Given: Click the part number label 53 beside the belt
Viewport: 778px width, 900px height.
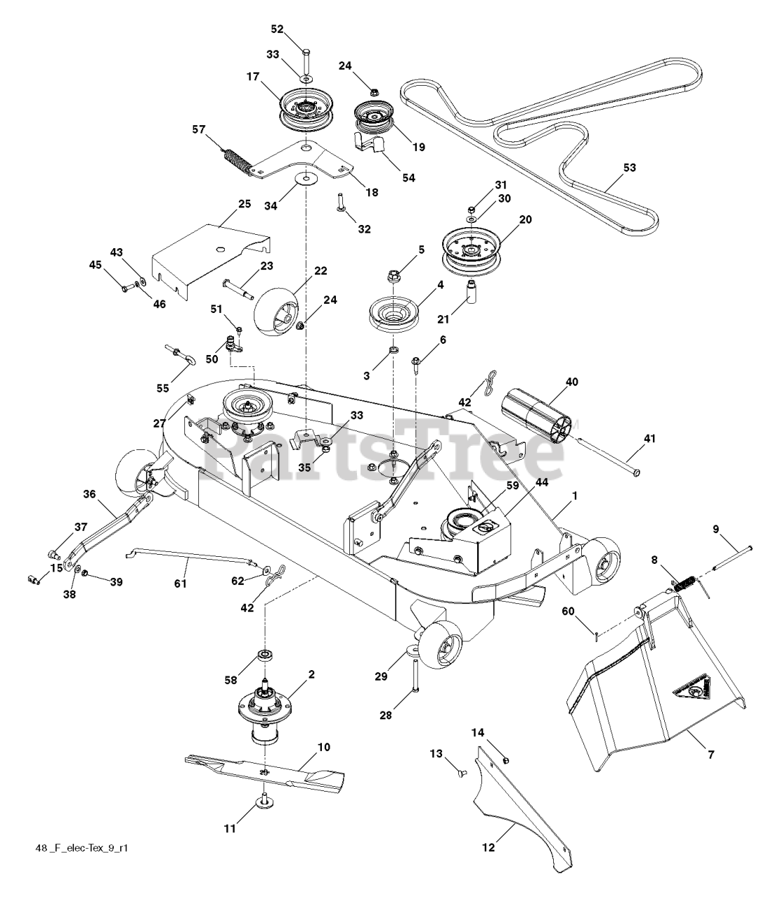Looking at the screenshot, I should (x=630, y=168).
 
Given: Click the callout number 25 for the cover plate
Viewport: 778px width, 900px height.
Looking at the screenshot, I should (x=244, y=204).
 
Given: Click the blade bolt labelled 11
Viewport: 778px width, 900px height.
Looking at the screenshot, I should (x=266, y=801).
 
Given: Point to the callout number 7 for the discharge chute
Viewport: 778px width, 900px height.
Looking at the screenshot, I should (x=711, y=754).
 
